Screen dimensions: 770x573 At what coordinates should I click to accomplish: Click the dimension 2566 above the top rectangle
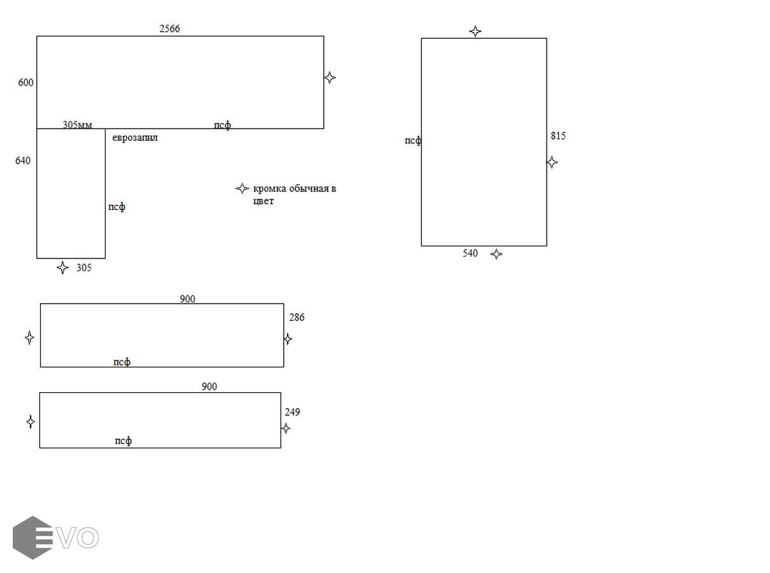point(169,29)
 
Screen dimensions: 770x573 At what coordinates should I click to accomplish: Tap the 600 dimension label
point(25,82)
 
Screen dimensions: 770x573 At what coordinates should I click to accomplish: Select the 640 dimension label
point(23,160)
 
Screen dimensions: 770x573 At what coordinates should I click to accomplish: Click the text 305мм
point(78,124)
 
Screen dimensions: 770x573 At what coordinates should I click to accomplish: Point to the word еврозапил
point(135,138)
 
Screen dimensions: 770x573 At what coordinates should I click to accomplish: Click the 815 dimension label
point(558,136)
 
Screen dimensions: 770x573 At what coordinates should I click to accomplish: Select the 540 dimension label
point(470,253)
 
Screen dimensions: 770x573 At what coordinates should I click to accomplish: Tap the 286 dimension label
point(297,317)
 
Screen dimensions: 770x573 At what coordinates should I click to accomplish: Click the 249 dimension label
point(292,412)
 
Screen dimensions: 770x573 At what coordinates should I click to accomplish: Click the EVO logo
point(55,537)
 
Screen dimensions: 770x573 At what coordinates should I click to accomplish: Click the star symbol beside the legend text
point(242,188)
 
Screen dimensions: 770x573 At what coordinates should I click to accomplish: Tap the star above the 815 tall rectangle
point(475,31)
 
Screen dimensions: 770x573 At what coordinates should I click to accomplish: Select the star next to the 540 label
point(496,254)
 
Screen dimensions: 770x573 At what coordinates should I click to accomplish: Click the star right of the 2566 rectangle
point(330,78)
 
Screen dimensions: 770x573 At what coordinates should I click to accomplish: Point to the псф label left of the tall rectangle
point(413,141)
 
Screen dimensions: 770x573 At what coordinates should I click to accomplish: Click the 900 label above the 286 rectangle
point(188,299)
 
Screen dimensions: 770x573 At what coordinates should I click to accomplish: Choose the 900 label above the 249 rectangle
point(209,386)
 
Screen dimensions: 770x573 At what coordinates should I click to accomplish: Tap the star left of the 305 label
point(62,267)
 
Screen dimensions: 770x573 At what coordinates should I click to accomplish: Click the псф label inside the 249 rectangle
point(123,441)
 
